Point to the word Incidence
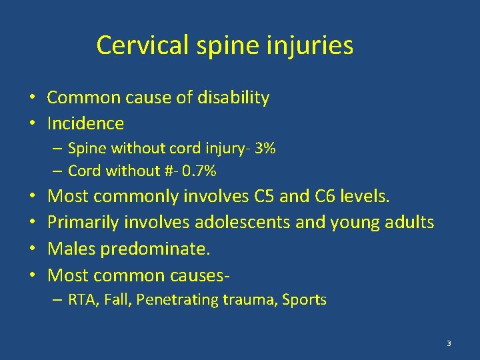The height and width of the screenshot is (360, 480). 85,123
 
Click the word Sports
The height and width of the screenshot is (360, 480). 304,300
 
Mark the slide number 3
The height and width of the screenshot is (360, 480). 449,343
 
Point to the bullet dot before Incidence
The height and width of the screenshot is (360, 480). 32,124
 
